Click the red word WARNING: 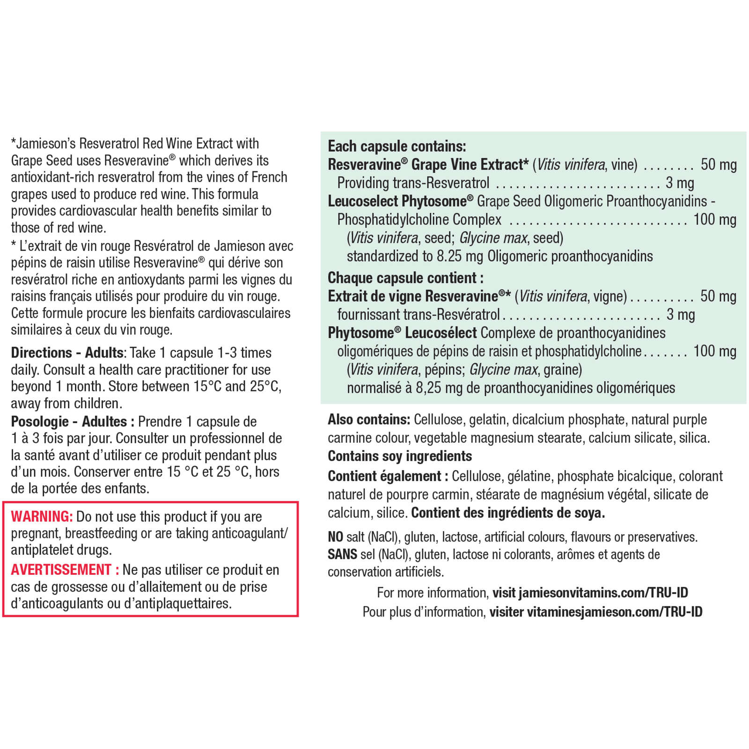(42, 516)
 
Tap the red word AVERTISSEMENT (61, 570)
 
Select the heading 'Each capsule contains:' (397, 146)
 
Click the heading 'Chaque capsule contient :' (405, 278)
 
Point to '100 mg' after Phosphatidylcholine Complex (714, 220)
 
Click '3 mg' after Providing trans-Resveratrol (680, 183)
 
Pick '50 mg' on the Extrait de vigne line (718, 296)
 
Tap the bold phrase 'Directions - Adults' (67, 352)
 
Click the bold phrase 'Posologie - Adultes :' (73, 421)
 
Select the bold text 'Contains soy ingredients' (400, 456)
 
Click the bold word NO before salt (335, 537)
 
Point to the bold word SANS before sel (342, 554)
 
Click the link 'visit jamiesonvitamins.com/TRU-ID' (590, 593)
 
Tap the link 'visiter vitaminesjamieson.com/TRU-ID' (595, 612)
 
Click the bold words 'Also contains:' (369, 419)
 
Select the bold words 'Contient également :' (388, 476)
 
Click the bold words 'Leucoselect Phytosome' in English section (397, 201)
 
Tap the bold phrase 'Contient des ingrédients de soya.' (508, 513)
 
